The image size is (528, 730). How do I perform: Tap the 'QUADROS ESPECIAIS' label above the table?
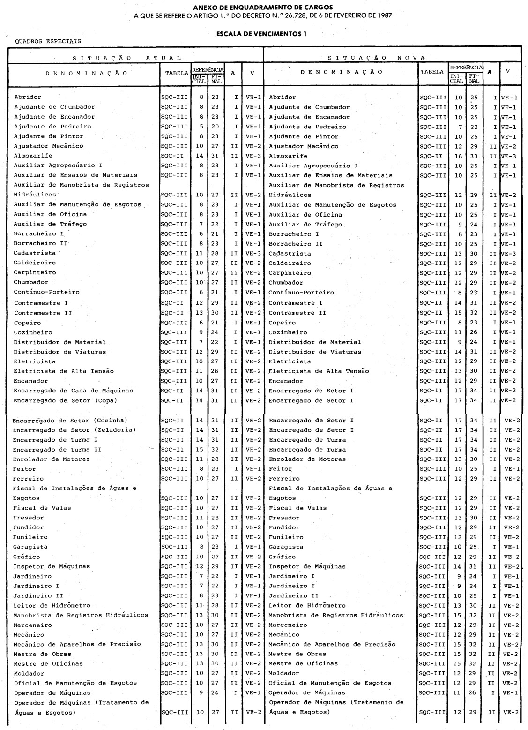pyautogui.click(x=48, y=41)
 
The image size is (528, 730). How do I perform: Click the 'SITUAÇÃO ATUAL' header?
pyautogui.click(x=126, y=58)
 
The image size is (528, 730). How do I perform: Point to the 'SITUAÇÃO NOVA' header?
pyautogui.click(x=377, y=58)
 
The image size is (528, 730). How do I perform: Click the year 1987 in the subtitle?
pyautogui.click(x=383, y=15)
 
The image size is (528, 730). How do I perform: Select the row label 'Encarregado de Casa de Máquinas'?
pyautogui.click(x=73, y=391)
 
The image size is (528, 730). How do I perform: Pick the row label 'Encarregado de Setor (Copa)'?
pyautogui.click(x=65, y=400)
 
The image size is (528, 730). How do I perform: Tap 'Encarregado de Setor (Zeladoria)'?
pyautogui.click(x=74, y=430)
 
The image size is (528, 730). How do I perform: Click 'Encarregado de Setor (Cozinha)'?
pyautogui.click(x=70, y=420)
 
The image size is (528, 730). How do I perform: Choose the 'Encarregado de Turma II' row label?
pyautogui.click(x=57, y=449)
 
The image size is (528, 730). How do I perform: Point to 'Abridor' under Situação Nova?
pyautogui.click(x=282, y=98)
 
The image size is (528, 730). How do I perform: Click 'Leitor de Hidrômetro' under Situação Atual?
pyautogui.click(x=52, y=605)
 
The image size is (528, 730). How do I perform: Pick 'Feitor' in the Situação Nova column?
pyautogui.click(x=280, y=469)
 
